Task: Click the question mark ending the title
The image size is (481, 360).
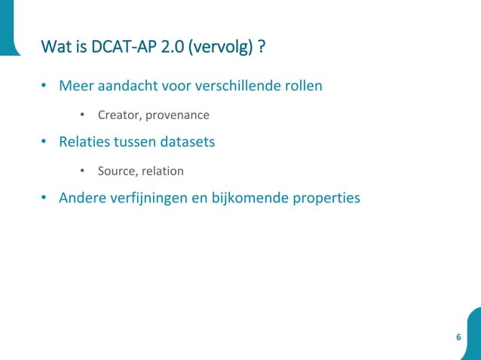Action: click(x=262, y=48)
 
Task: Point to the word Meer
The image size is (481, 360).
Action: click(x=75, y=85)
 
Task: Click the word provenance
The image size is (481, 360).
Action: click(x=177, y=115)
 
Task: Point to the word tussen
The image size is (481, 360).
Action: click(x=141, y=142)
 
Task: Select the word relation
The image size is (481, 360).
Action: click(x=162, y=171)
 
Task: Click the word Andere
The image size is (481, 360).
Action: click(x=83, y=198)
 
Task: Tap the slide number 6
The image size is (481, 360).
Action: click(x=458, y=336)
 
